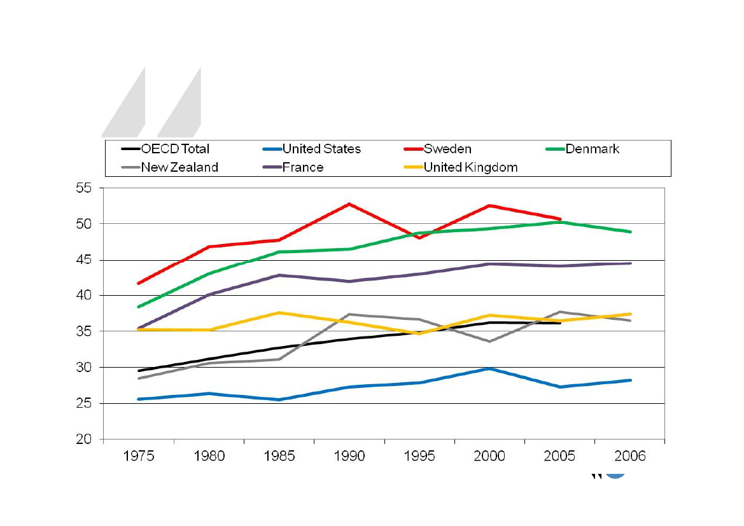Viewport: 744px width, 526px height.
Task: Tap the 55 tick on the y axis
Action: (85, 188)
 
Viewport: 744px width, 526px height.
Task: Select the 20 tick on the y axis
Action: (85, 439)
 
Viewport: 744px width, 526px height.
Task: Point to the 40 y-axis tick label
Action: (85, 296)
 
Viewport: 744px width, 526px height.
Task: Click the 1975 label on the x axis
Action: (139, 457)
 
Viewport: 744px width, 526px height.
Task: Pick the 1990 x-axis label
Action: (349, 457)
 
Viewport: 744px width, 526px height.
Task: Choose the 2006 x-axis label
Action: (630, 457)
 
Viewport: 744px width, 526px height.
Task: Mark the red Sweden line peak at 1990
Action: (349, 204)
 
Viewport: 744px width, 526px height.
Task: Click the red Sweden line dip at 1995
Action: (419, 238)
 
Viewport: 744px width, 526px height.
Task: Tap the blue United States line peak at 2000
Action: (489, 368)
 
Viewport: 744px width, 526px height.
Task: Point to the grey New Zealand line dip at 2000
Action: (489, 342)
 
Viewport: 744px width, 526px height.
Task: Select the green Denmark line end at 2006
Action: (630, 232)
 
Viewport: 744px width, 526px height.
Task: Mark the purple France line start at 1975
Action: (139, 328)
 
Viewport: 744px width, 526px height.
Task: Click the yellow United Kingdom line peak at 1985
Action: (279, 312)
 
